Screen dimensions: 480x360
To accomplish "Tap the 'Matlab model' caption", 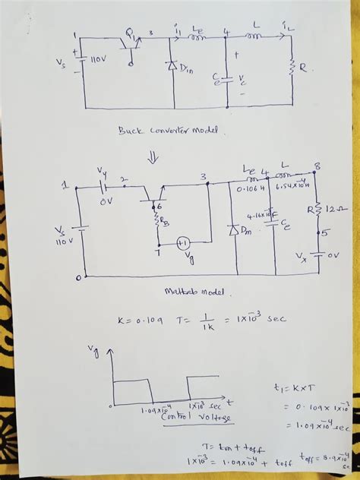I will pos(188,292).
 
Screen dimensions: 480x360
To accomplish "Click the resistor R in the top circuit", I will pos(292,68).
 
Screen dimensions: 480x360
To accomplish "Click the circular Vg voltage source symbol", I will pos(182,242).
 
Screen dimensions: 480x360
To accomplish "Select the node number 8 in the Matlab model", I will pos(317,166).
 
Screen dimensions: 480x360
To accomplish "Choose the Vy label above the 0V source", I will pos(103,169).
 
